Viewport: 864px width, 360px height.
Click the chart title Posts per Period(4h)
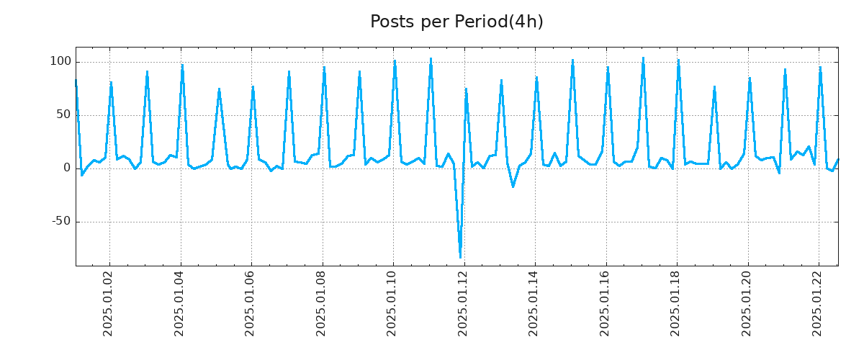coord(456,22)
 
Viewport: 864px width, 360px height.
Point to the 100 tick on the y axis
coord(60,62)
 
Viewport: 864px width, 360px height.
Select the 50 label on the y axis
coord(64,115)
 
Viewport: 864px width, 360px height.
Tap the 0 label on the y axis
coord(67,168)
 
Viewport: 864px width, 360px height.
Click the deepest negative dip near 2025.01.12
coord(460,257)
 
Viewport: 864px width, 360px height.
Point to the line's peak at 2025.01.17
coord(643,58)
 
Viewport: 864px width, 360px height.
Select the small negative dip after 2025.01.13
coord(513,186)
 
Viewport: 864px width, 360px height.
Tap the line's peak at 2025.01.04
coord(182,66)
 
